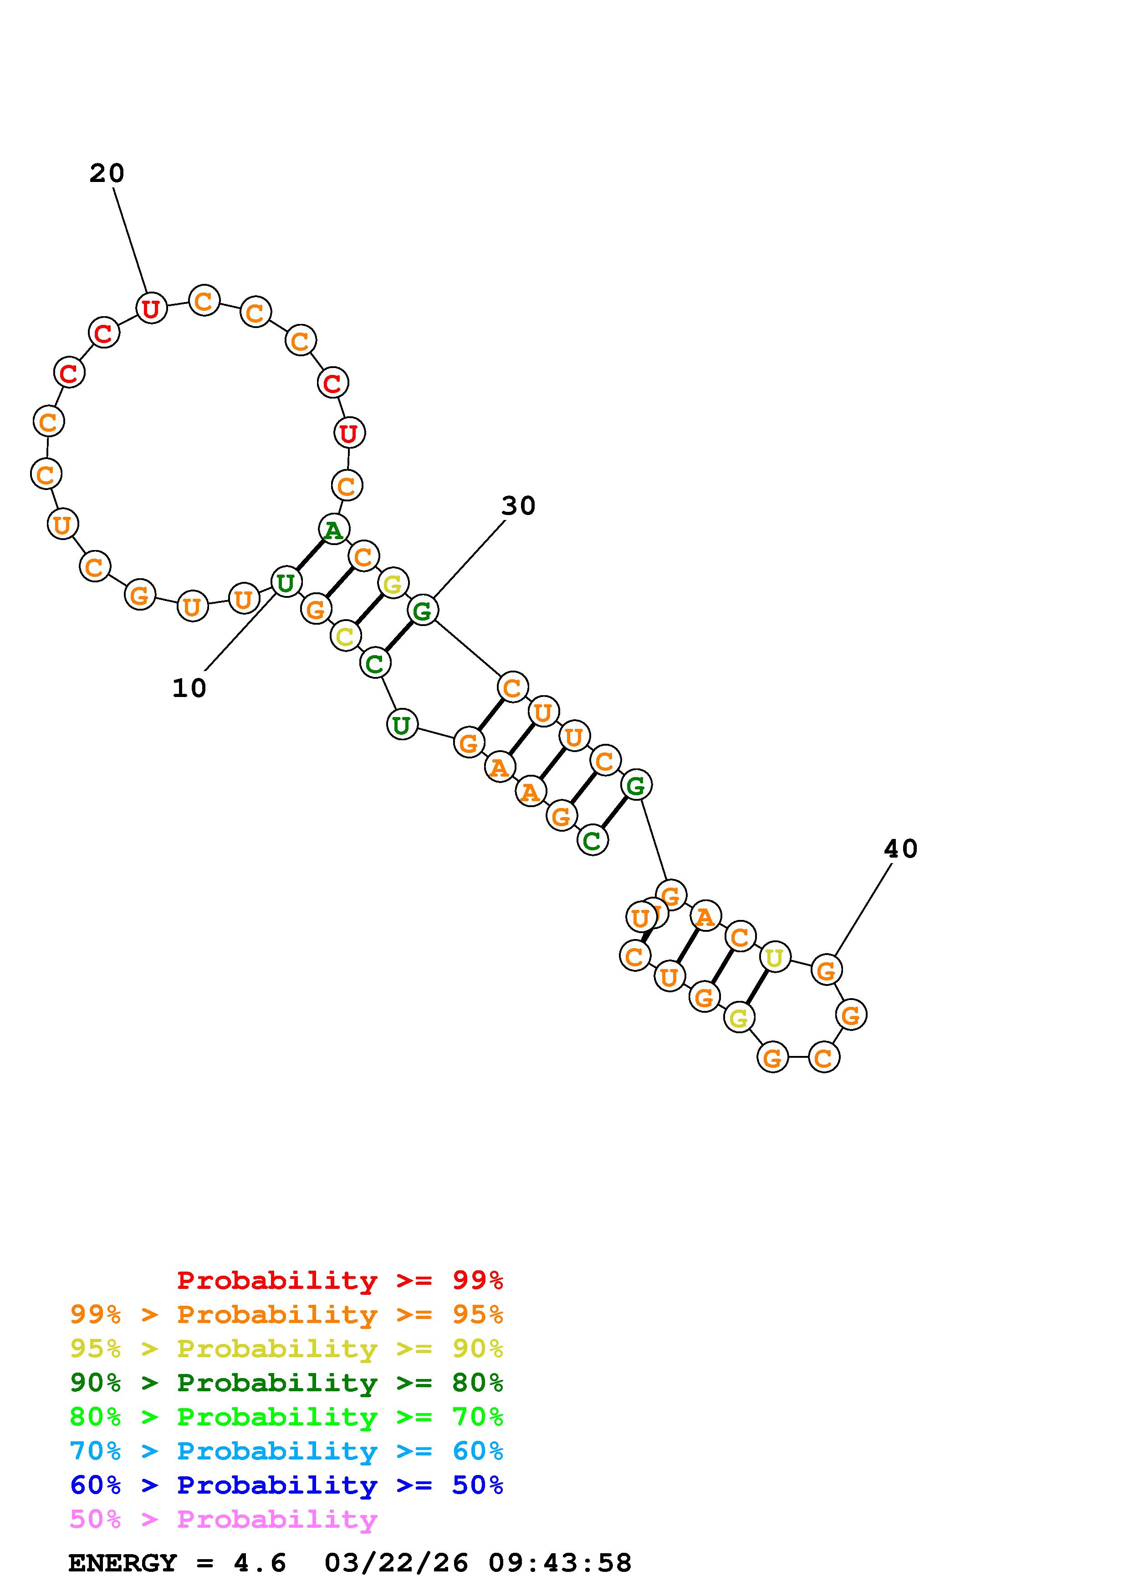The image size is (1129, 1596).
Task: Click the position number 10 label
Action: coord(189,688)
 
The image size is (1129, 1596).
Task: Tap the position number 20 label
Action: coord(107,173)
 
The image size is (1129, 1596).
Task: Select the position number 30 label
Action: coord(518,506)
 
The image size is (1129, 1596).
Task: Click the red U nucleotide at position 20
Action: coord(151,308)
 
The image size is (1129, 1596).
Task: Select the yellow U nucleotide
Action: coord(774,958)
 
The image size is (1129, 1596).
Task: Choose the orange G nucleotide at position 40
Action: coord(826,970)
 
